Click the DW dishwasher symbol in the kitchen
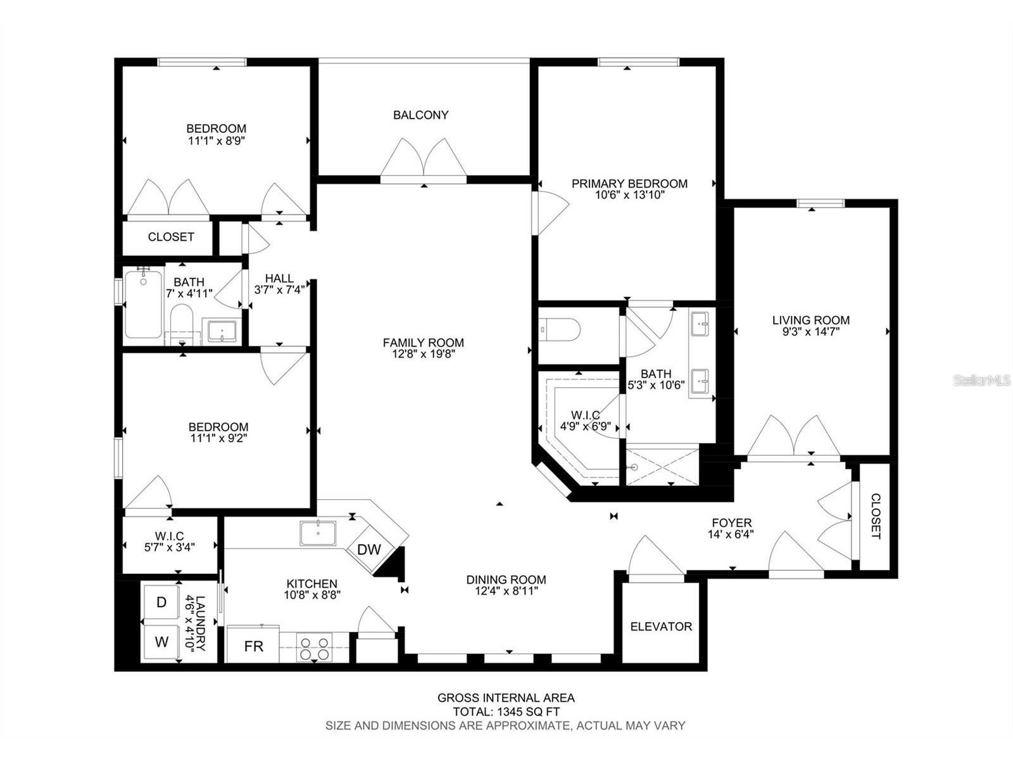(368, 549)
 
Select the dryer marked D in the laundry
(161, 602)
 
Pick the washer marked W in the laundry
(161, 642)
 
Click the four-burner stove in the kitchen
(314, 648)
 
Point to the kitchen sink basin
(318, 533)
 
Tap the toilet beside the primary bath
(559, 329)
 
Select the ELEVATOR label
(661, 626)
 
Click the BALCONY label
(420, 115)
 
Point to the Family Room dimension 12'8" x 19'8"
(423, 354)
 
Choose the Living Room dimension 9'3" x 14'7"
(810, 331)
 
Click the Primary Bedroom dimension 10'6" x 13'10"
(629, 194)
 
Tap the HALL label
(279, 278)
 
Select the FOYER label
(731, 523)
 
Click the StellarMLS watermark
(981, 380)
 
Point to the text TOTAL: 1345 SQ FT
(506, 711)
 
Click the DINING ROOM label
(506, 579)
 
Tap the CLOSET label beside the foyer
(876, 516)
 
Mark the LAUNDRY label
(200, 623)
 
